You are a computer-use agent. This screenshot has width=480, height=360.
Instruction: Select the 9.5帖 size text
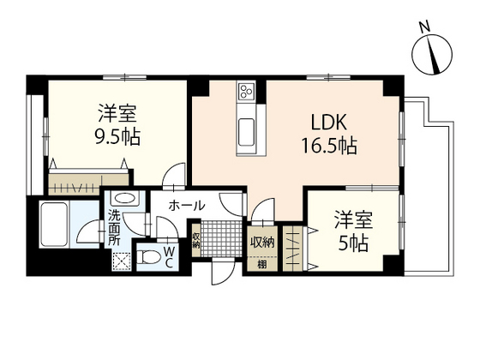tap(118, 136)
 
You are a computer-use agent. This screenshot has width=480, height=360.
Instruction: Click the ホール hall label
tap(186, 206)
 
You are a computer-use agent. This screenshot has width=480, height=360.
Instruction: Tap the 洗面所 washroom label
tap(114, 225)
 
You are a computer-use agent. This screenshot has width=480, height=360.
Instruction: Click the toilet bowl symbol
tap(147, 256)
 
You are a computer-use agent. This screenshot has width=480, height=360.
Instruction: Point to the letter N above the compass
tap(423, 27)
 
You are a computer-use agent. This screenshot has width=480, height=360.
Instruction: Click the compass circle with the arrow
tap(433, 57)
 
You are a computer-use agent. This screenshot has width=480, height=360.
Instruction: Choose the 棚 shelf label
tap(261, 264)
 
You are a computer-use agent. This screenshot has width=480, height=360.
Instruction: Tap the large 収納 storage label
tap(261, 242)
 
